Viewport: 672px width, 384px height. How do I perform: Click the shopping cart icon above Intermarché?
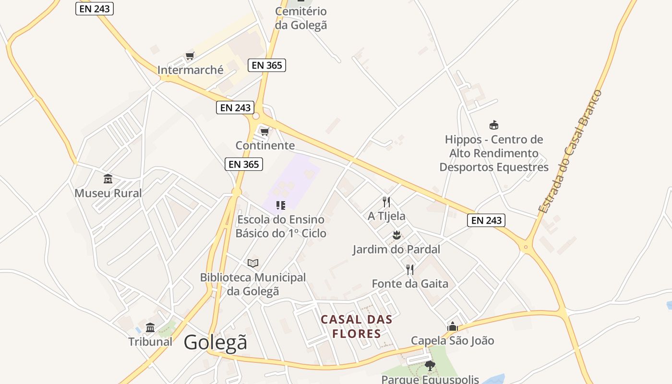[x=190, y=56]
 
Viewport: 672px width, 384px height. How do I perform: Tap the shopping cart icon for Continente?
[x=264, y=131]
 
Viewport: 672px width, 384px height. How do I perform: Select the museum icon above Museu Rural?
[x=108, y=179]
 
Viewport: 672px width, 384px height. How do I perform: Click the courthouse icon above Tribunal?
[x=150, y=327]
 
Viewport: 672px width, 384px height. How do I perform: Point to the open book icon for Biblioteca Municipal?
[x=253, y=263]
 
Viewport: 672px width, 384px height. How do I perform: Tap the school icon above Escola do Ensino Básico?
[x=281, y=205]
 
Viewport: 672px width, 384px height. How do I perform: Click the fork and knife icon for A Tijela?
[x=386, y=202]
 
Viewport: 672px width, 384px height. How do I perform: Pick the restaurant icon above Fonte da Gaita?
[x=410, y=269]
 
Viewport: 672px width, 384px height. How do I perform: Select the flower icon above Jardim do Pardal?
[x=396, y=235]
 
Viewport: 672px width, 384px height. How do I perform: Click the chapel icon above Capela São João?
[x=452, y=327]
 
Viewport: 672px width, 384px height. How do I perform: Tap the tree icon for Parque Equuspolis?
[x=430, y=366]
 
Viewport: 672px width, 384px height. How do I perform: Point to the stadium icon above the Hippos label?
[x=493, y=125]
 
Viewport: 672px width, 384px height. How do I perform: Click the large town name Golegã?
[x=216, y=342]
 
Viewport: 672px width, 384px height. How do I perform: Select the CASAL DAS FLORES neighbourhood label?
[x=356, y=326]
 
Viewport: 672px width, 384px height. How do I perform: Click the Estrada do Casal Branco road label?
[x=570, y=152]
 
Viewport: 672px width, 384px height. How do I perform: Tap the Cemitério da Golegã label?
[x=301, y=18]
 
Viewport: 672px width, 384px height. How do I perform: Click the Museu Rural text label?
[x=108, y=193]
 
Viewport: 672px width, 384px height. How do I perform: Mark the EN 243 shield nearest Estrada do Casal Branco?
[x=486, y=220]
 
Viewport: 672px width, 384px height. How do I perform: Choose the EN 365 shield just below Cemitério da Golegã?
[x=267, y=65]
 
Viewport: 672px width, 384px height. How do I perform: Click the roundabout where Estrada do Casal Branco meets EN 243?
[x=526, y=247]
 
